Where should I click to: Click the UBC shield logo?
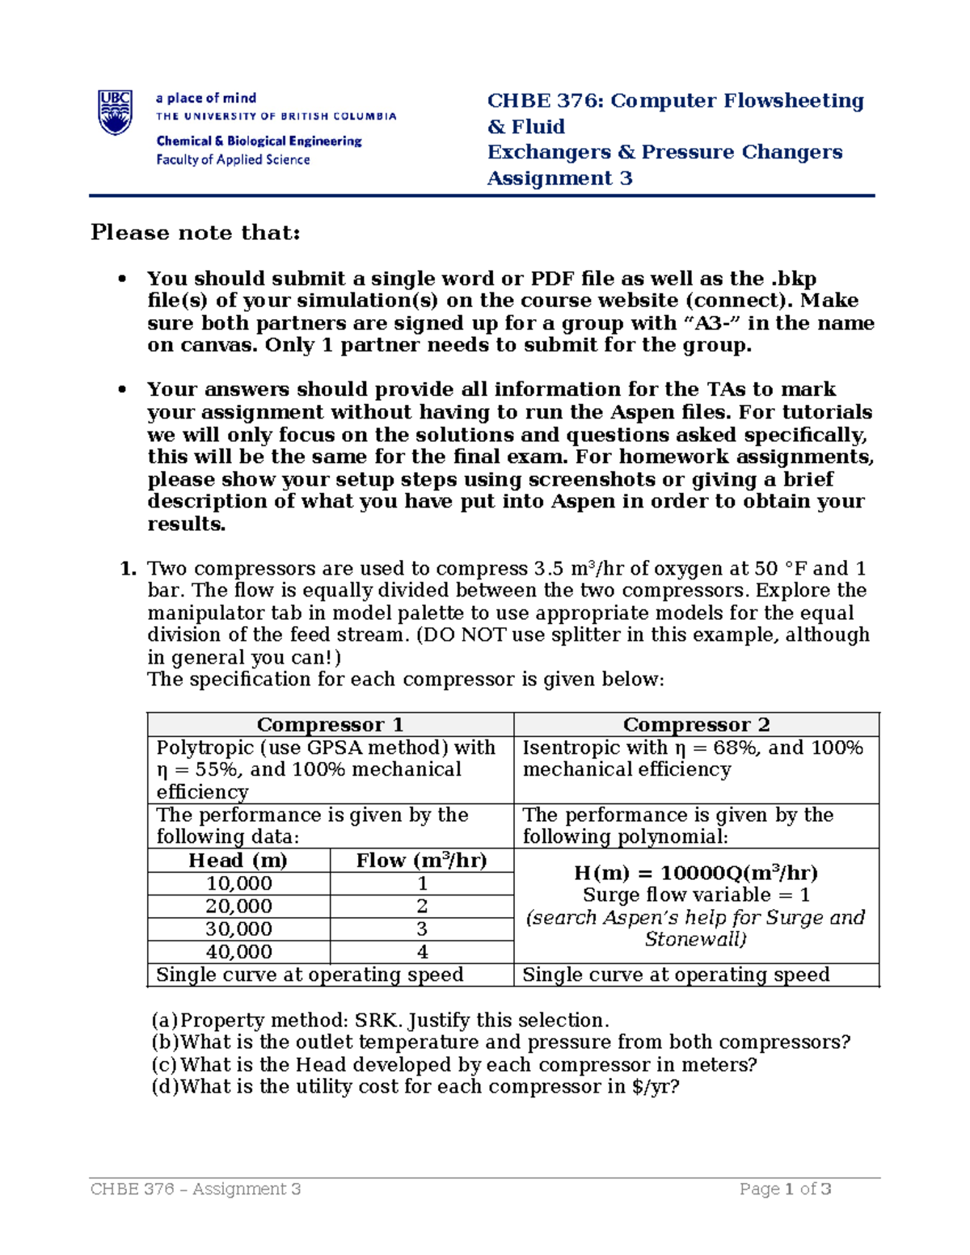click(x=115, y=112)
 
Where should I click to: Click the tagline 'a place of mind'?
click(x=206, y=98)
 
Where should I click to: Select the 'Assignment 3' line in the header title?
click(x=559, y=179)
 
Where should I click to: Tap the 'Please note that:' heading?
click(x=195, y=233)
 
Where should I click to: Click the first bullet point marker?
click(x=122, y=279)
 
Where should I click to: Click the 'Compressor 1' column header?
click(x=330, y=724)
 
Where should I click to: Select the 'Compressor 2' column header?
click(x=696, y=724)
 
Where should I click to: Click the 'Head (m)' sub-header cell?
click(x=238, y=860)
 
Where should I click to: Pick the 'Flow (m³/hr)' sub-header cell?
click(x=421, y=860)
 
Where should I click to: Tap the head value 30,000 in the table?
click(x=238, y=929)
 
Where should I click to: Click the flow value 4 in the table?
click(x=422, y=951)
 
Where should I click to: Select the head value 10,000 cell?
click(x=238, y=883)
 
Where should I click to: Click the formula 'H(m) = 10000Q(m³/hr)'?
click(x=695, y=873)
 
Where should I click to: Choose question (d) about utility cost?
click(x=415, y=1086)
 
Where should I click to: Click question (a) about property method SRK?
click(x=380, y=1020)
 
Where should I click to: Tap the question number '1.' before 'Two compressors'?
click(x=128, y=568)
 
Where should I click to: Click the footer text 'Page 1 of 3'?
click(x=785, y=1189)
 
